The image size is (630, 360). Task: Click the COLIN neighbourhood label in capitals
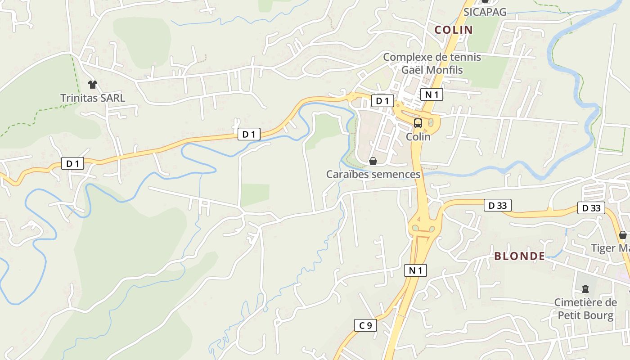[x=453, y=30]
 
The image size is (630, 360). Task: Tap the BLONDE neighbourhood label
[x=520, y=256]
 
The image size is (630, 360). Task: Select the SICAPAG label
[x=485, y=12]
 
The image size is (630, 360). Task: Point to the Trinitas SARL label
[x=93, y=98]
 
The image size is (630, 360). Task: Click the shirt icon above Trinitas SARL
[x=93, y=84]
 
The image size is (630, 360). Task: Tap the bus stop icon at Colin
[x=418, y=123]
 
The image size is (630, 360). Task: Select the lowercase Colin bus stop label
[x=418, y=136]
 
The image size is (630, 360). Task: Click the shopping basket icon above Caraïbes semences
[x=373, y=161]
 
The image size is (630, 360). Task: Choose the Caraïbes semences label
[x=373, y=174]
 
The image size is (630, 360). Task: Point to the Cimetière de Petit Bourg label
[x=585, y=309]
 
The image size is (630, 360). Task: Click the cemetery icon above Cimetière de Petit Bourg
[x=585, y=288]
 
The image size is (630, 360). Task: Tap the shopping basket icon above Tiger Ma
[x=623, y=234]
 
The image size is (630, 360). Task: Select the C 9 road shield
[x=365, y=325]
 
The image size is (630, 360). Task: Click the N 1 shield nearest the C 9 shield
[x=415, y=270]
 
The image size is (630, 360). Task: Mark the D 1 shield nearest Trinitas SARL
[x=73, y=164]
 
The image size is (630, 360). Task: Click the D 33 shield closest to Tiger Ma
[x=591, y=208]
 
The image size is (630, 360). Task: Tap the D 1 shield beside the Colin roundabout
[x=382, y=101]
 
